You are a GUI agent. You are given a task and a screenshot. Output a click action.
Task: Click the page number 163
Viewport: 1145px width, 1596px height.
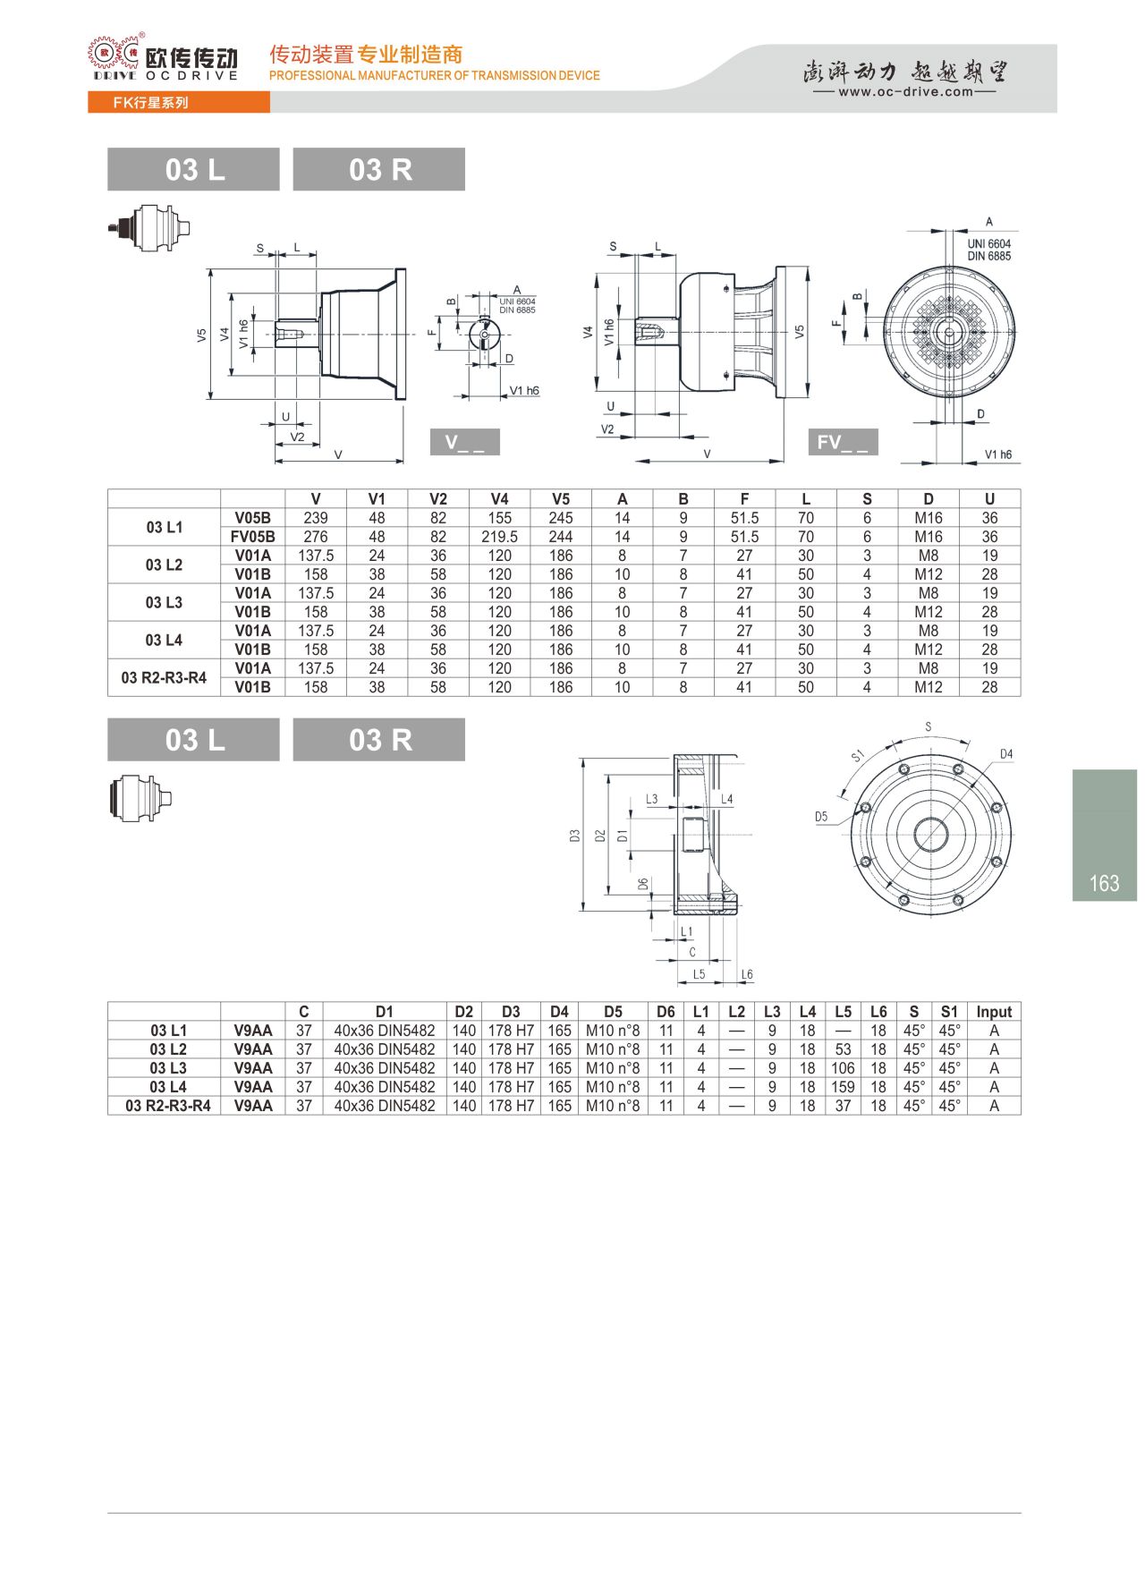click(x=1104, y=883)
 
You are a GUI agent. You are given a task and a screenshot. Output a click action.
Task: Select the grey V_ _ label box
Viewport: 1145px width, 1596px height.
click(x=464, y=442)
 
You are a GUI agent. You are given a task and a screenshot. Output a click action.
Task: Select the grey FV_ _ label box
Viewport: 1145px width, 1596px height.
click(x=843, y=442)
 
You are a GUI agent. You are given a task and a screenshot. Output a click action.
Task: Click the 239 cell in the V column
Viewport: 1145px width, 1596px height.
click(x=316, y=518)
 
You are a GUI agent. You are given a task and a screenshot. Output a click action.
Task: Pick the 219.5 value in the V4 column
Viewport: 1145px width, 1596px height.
click(x=499, y=537)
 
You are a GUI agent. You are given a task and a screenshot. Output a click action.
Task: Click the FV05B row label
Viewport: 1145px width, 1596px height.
click(x=252, y=537)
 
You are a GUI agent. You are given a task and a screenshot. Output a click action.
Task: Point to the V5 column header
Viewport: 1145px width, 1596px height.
click(x=561, y=499)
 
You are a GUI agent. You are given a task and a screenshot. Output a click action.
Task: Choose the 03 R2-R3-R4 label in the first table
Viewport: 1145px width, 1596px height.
click(x=164, y=677)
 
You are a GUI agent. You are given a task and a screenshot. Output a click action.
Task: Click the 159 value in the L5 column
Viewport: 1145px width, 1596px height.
click(x=843, y=1087)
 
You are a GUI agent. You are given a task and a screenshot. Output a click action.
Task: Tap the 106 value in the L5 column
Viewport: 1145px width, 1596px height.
click(x=843, y=1068)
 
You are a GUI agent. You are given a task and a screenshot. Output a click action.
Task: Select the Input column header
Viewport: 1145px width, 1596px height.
click(x=994, y=1012)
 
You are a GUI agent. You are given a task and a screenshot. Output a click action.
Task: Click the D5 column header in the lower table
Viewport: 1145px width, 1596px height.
click(x=613, y=1012)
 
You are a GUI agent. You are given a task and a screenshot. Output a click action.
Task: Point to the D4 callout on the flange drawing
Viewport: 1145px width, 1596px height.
click(x=1006, y=754)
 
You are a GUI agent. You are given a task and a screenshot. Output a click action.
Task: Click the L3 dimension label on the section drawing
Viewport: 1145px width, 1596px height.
click(x=651, y=799)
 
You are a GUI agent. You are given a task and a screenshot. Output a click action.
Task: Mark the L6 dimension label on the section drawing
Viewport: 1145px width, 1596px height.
click(x=747, y=974)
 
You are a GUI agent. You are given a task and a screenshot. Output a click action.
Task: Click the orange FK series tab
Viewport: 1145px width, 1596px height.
click(x=178, y=103)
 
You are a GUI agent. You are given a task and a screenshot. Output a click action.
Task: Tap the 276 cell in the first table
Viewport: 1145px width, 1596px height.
click(x=316, y=537)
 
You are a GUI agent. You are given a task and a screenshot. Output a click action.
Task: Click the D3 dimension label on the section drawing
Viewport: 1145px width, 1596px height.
click(x=574, y=836)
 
